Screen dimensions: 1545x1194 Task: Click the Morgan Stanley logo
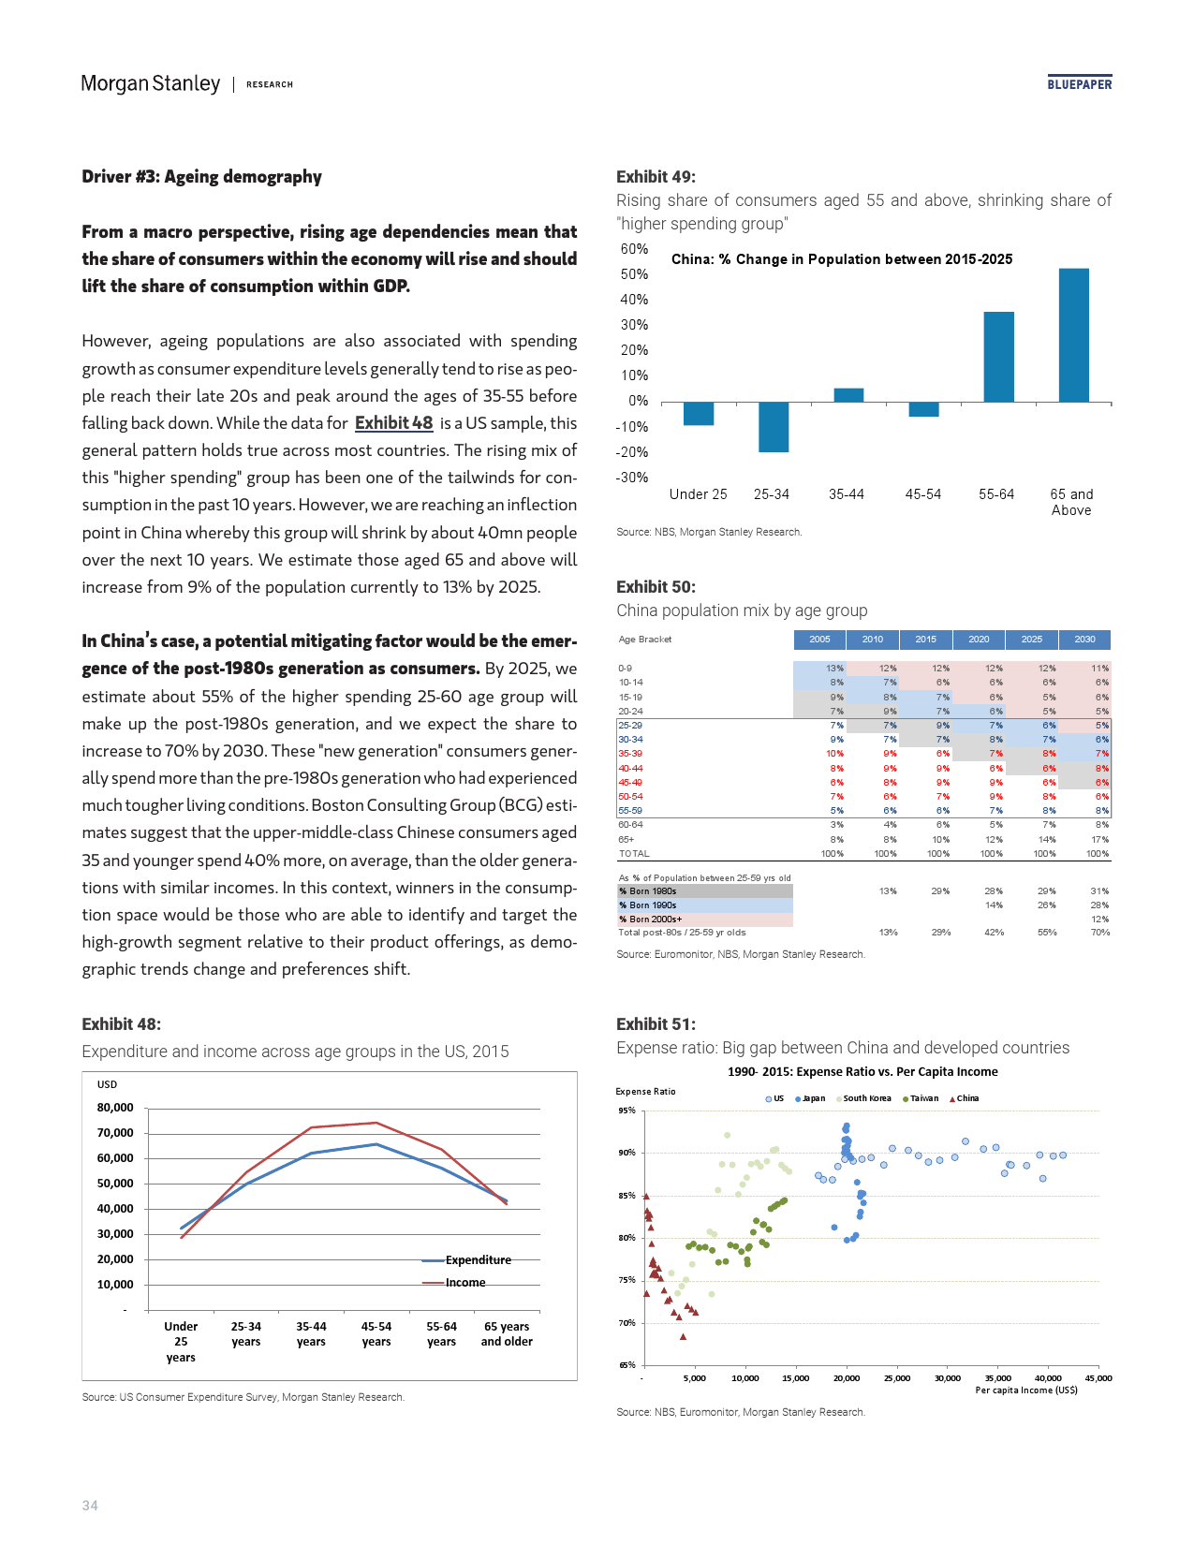point(151,84)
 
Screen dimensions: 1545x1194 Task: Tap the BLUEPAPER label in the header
point(1079,84)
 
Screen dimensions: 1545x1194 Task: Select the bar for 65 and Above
point(1073,335)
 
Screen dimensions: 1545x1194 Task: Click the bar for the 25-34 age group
point(774,427)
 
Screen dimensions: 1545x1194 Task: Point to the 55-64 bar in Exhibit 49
point(998,357)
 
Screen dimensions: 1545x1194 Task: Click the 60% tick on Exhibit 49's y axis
point(634,249)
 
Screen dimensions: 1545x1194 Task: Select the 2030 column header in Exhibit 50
point(1084,640)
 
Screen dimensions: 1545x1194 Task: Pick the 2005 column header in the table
point(819,640)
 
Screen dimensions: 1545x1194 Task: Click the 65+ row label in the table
point(626,840)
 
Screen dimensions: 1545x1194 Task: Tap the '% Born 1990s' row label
point(648,905)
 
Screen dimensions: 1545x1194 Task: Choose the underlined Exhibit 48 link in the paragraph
point(393,423)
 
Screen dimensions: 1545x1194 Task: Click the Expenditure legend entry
point(478,1260)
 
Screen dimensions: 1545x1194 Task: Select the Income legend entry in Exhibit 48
point(464,1283)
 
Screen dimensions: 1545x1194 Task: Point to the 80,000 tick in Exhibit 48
point(115,1108)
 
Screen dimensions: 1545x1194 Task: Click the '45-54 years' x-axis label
point(376,1334)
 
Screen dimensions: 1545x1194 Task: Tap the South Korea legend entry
point(866,1098)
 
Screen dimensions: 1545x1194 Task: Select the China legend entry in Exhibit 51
point(966,1098)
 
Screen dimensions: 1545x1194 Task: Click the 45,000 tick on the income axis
point(1098,1378)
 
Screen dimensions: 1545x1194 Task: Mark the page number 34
point(90,1506)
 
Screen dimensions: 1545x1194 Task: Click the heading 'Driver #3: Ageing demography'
point(201,177)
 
